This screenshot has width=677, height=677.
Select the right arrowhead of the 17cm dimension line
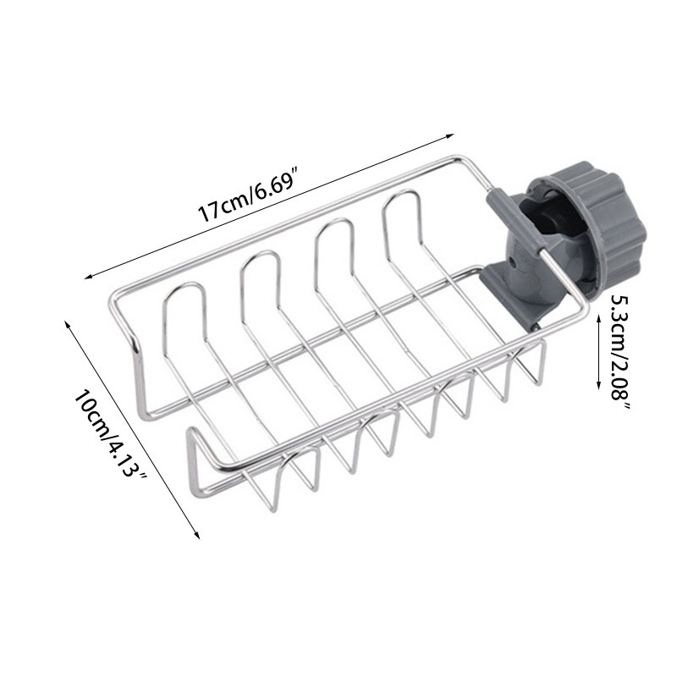click(x=453, y=135)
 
